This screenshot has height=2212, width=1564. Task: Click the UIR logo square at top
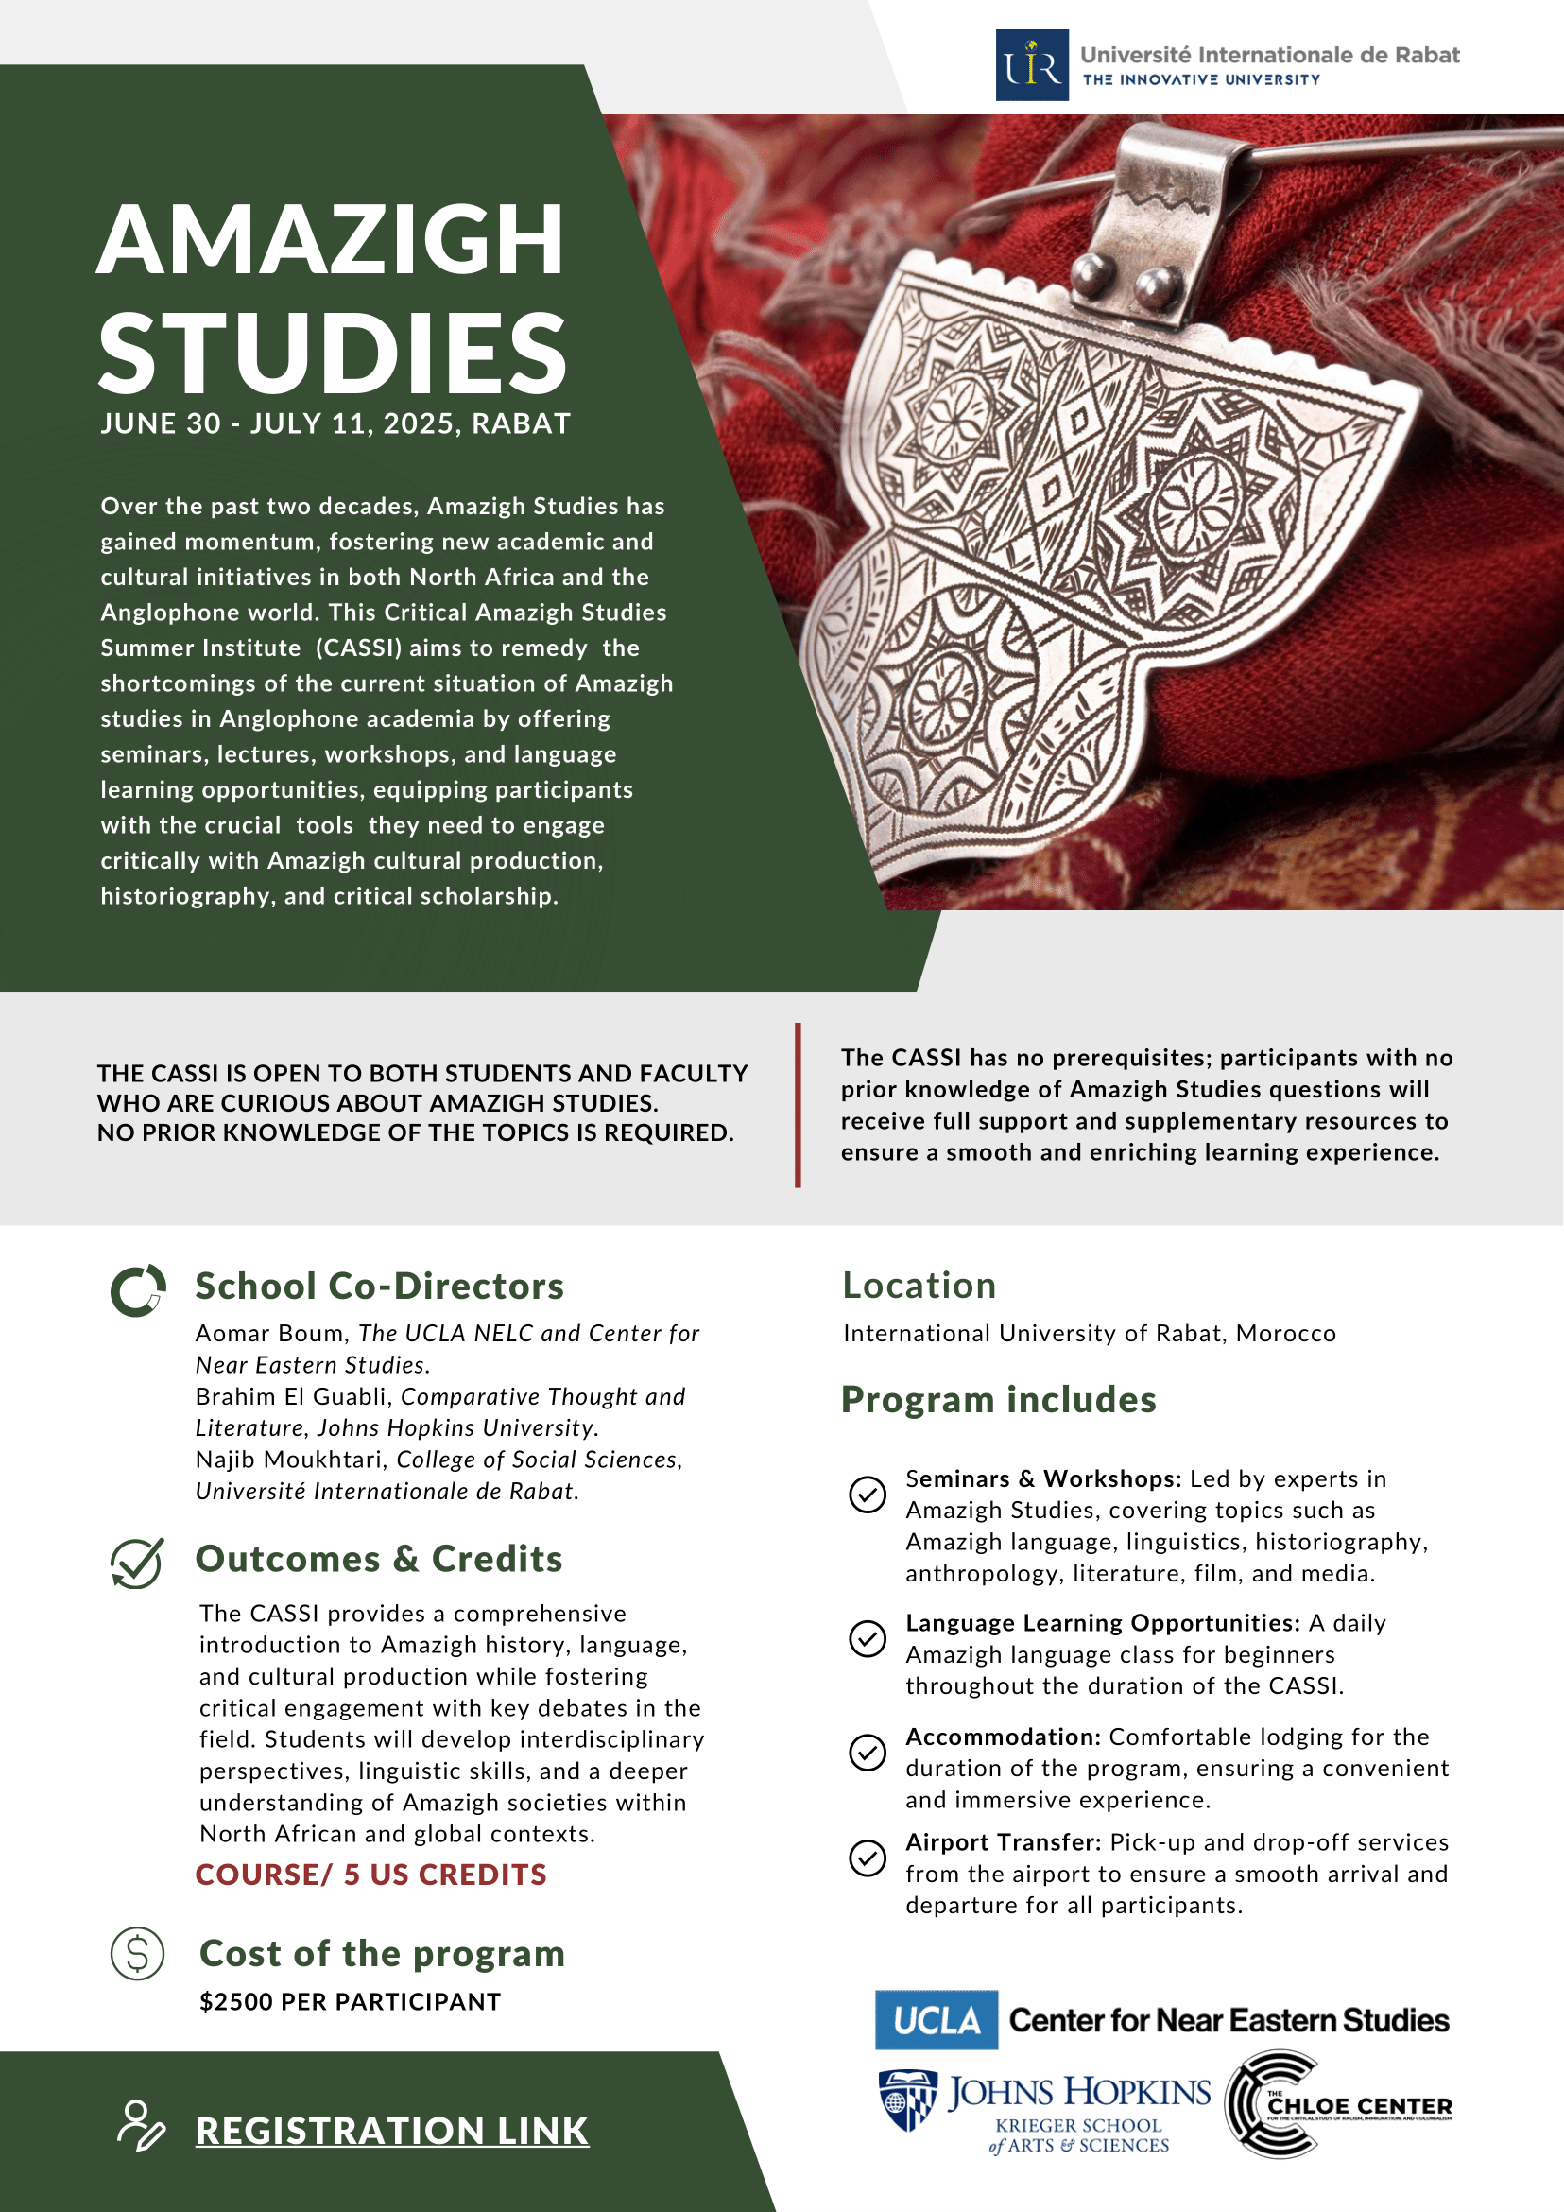pos(1031,65)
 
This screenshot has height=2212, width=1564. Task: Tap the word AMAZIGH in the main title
pos(331,240)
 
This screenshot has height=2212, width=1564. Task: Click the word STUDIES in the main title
pos(334,354)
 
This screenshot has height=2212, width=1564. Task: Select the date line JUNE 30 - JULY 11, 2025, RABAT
pos(335,423)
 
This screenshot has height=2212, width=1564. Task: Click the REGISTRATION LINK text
pos(392,2130)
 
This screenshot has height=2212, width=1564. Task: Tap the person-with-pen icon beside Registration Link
pos(141,2125)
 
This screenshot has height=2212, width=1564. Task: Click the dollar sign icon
pos(138,1954)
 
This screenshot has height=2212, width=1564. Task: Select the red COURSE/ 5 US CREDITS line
pos(370,1875)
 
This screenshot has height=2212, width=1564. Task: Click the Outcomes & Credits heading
pos(379,1559)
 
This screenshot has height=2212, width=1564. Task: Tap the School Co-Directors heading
pos(380,1287)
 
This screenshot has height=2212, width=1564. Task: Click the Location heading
pos(919,1286)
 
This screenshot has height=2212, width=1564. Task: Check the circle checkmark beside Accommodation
pos(867,1753)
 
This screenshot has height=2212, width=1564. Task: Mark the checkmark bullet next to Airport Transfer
pos(867,1858)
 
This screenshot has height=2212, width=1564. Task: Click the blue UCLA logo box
pos(937,2020)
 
